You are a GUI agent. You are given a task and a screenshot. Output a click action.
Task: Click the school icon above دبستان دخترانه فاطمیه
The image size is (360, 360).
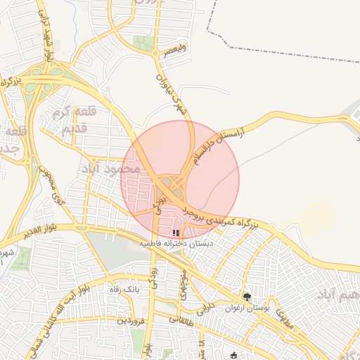pos(176,233)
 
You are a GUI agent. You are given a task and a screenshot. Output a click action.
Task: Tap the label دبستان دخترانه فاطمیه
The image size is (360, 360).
pos(176,243)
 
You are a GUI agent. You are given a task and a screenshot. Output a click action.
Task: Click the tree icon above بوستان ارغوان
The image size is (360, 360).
pos(246,297)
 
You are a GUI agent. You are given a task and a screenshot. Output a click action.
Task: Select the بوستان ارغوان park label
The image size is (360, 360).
pos(246,308)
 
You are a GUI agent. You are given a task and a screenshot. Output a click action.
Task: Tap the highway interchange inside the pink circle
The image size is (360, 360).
pos(169,187)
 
